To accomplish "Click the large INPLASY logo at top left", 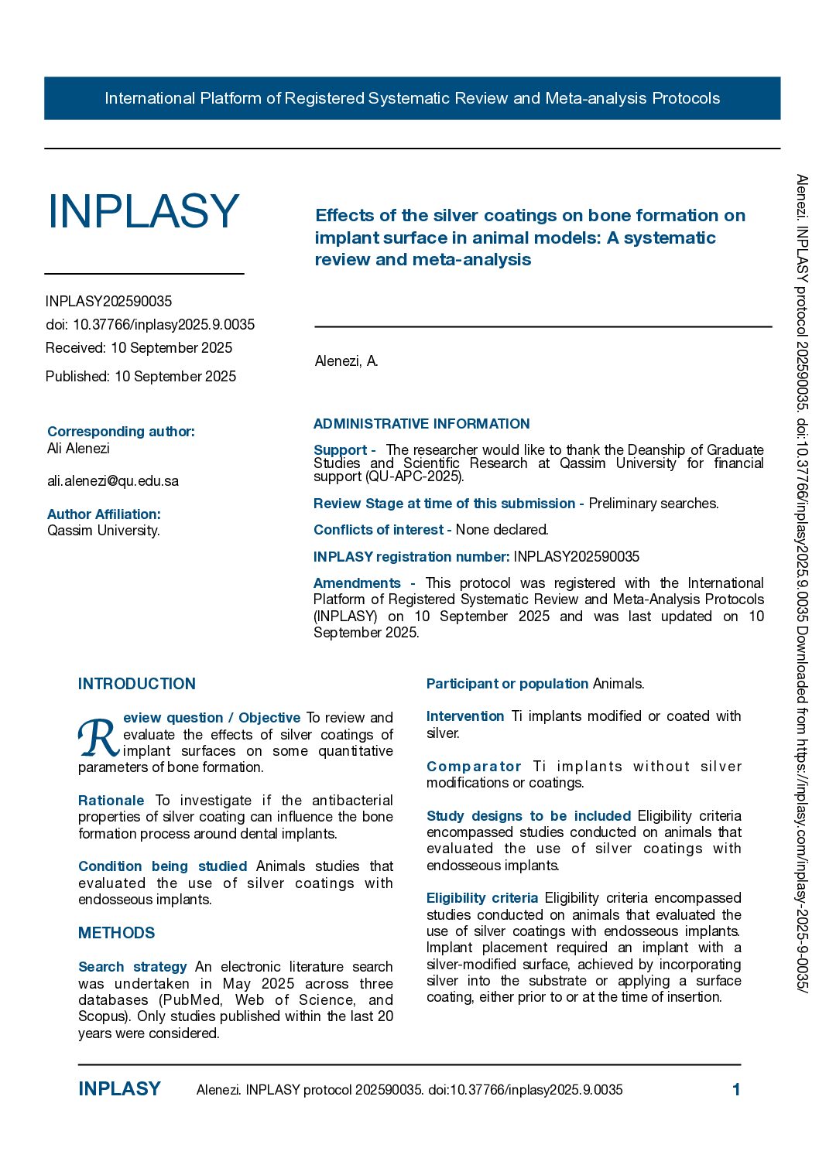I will click(143, 211).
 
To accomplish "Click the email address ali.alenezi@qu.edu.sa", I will click(113, 481).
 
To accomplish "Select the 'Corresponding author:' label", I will click(121, 432).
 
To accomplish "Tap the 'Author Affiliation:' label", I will click(104, 514).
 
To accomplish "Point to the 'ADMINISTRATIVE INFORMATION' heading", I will click(421, 424).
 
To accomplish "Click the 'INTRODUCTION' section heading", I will click(137, 684).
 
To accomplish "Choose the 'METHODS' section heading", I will click(117, 933).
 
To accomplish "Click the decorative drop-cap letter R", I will click(98, 739).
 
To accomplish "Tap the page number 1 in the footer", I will click(736, 1090).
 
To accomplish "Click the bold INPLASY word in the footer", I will click(119, 1089).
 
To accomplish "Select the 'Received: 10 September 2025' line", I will click(139, 348).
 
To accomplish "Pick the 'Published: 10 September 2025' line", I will click(141, 377).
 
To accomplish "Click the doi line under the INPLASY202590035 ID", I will click(150, 325).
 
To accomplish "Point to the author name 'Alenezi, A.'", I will click(346, 361).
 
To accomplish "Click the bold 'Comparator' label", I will click(474, 767).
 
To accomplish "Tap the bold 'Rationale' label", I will click(111, 801).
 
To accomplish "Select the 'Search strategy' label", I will click(132, 967).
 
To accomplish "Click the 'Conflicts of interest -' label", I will click(382, 530).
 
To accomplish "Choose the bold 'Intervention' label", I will click(465, 716).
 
